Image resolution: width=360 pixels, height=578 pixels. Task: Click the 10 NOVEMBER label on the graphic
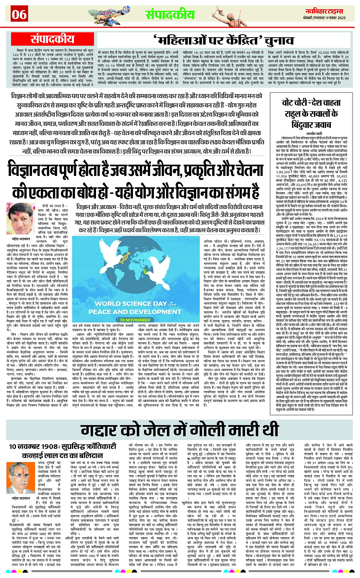tap(135, 320)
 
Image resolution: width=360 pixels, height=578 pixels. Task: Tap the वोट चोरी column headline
tap(311, 113)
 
